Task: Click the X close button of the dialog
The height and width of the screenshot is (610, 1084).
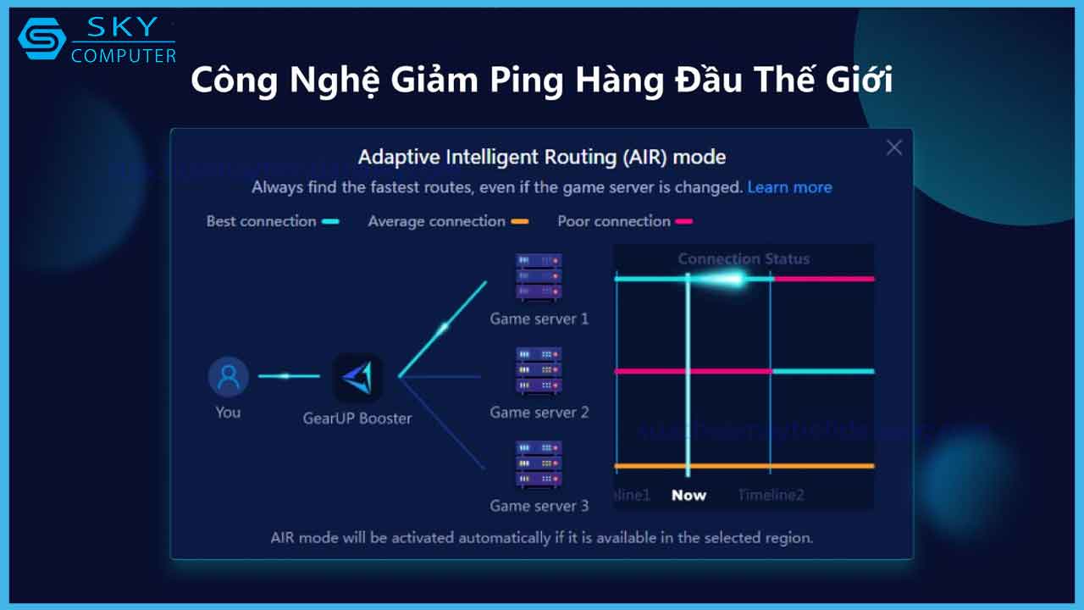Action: (893, 148)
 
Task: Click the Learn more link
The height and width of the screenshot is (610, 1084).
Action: (789, 187)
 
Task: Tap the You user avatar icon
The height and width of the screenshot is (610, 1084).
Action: (229, 377)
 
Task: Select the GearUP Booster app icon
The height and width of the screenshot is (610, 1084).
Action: (358, 378)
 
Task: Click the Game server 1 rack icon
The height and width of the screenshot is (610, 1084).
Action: (539, 276)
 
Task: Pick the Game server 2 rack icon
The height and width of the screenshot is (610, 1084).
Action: (539, 370)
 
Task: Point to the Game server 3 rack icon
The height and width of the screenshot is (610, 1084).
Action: (539, 463)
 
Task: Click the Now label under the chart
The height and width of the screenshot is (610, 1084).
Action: (689, 496)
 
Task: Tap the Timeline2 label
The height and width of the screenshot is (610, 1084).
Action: (771, 496)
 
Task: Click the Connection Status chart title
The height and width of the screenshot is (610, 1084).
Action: (744, 259)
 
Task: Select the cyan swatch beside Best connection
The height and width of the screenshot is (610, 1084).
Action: (330, 222)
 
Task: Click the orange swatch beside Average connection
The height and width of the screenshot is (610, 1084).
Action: (519, 222)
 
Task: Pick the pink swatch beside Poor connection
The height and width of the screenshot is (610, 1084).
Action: (683, 222)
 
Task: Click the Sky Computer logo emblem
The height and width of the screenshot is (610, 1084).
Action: (41, 40)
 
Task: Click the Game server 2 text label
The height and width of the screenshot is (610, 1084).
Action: (539, 413)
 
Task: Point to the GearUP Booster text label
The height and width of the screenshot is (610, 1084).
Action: (357, 419)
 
